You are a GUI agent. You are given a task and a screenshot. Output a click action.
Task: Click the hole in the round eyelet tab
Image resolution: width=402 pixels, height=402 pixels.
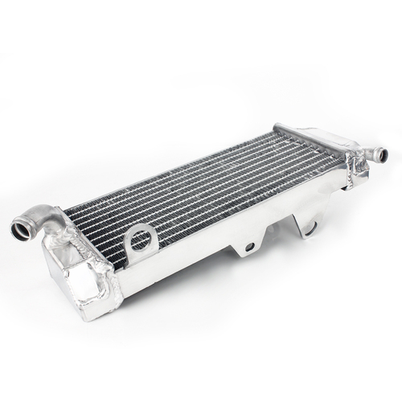tap(141, 239)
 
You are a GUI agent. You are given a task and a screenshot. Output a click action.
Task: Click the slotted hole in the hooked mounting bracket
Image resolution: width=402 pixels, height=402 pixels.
tap(310, 228)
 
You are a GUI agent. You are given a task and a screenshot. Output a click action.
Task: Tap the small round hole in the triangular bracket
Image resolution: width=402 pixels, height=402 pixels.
tap(250, 246)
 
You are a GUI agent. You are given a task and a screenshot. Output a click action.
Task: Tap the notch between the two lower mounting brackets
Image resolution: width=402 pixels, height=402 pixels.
tap(277, 232)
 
